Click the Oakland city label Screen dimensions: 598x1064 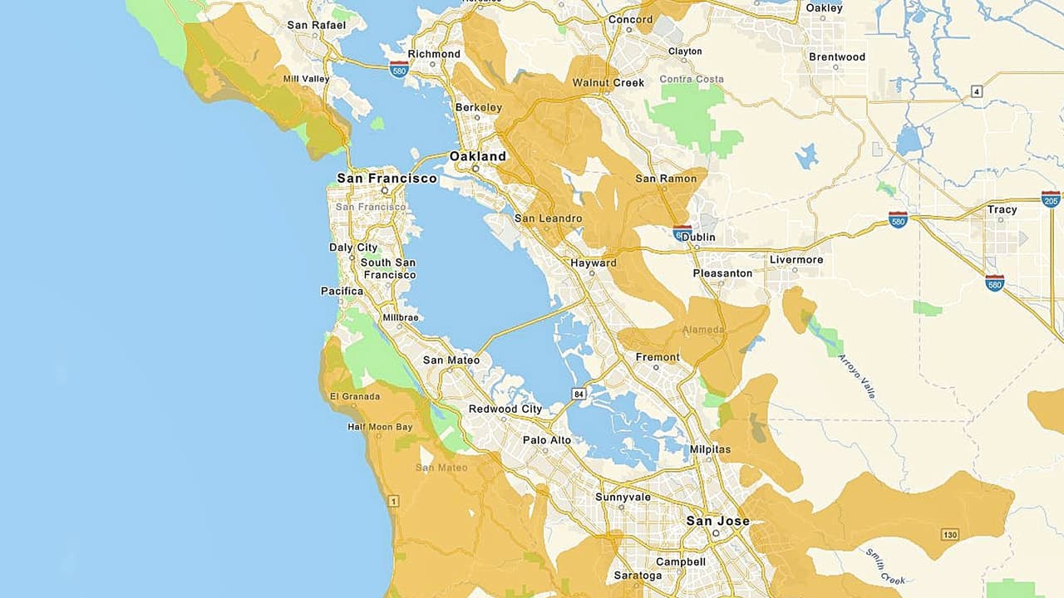coord(477,156)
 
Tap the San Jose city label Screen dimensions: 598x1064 coord(717,522)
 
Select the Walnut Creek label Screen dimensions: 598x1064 coord(608,83)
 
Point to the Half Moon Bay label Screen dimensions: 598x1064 coord(380,427)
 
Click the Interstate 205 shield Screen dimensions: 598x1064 coord(1051,199)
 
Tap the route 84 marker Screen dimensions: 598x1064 coord(579,392)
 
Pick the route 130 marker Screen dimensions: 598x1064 coord(950,532)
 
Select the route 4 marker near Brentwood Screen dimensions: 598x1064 coord(977,91)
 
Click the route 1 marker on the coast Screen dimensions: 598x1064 coord(393,500)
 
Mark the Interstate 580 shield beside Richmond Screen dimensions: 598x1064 coord(399,69)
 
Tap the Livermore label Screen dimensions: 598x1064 coord(796,260)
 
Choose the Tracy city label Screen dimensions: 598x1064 coord(1002,209)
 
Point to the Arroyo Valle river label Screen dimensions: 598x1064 coord(859,376)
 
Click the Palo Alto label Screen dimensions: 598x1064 coord(547,440)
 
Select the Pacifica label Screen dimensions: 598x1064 coord(342,292)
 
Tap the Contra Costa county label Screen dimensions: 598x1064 coord(692,80)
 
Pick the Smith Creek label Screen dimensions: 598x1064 coord(884,566)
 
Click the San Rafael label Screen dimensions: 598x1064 coord(316,25)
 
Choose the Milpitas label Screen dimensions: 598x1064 coord(710,449)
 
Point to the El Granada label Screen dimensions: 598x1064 coord(355,396)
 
